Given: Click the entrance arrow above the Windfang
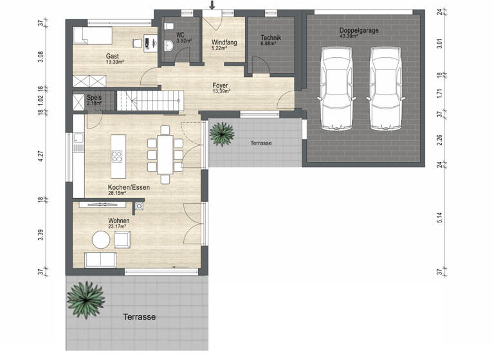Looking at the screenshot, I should (x=213, y=5).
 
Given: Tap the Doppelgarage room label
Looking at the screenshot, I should (x=358, y=30).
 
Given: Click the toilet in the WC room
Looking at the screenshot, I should (x=169, y=45).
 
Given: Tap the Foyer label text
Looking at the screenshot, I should (x=221, y=85).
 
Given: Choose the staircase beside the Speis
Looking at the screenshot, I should (x=149, y=100).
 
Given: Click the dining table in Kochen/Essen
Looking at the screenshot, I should (x=166, y=155).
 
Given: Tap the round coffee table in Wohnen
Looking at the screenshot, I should (x=101, y=240).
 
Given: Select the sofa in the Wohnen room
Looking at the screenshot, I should (x=102, y=260).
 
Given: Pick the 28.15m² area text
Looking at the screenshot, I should (x=120, y=193).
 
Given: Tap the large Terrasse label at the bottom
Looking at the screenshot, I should (x=139, y=317).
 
